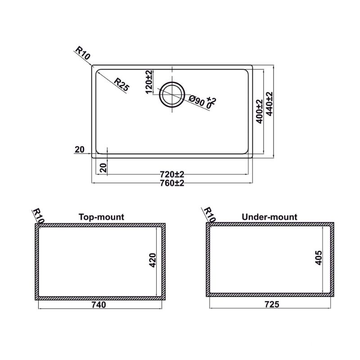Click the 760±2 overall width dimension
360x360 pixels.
tap(172, 183)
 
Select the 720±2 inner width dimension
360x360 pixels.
tap(172, 175)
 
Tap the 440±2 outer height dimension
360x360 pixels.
tap(269, 104)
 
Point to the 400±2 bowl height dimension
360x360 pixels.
tap(260, 112)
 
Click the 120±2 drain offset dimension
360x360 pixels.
tap(149, 82)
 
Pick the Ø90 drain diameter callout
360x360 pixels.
tap(197, 101)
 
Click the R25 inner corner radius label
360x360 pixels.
tap(121, 85)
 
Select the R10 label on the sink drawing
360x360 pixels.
tap(83, 53)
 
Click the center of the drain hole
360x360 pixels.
tap(172, 94)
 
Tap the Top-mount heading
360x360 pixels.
tap(102, 217)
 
